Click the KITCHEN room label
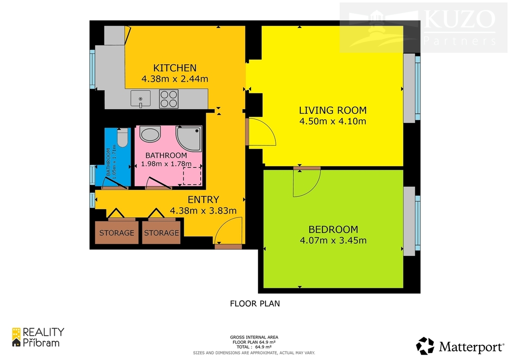(x=175, y=68)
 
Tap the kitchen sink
(x=140, y=99)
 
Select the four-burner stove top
(x=169, y=99)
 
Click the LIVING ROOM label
(x=333, y=110)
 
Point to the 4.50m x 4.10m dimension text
(x=333, y=121)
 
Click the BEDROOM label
(x=333, y=230)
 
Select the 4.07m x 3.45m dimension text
(x=333, y=240)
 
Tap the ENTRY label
(x=203, y=200)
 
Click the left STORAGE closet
(x=117, y=233)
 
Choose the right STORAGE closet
(x=161, y=233)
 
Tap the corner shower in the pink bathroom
(x=188, y=138)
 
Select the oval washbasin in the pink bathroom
(x=150, y=134)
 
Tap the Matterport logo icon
(x=425, y=346)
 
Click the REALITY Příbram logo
(x=38, y=337)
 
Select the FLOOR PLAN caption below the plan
(x=255, y=304)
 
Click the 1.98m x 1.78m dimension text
(x=166, y=164)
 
